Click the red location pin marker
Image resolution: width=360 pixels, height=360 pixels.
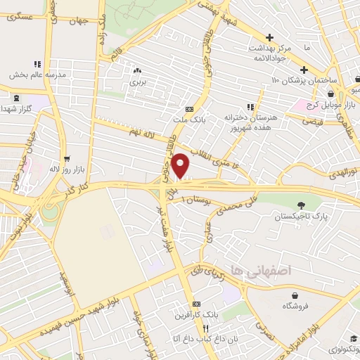click(x=181, y=165)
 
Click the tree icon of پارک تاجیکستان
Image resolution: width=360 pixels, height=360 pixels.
click(x=301, y=206)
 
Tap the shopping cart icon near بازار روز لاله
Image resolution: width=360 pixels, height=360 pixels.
click(x=67, y=159)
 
